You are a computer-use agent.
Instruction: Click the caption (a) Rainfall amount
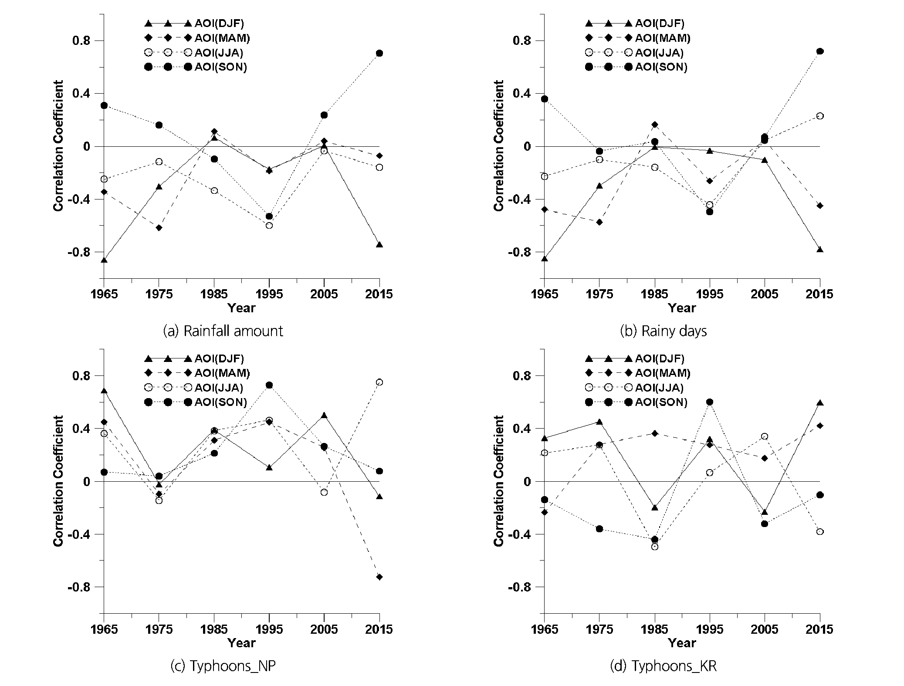click(223, 331)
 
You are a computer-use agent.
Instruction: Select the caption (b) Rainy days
click(663, 331)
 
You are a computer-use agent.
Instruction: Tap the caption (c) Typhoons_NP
click(223, 666)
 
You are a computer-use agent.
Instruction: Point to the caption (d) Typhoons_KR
click(663, 666)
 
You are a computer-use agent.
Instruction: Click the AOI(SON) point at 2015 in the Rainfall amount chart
click(379, 53)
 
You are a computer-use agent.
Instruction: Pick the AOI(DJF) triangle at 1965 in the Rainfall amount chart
click(104, 260)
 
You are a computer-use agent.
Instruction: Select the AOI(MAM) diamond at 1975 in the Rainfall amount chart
click(159, 228)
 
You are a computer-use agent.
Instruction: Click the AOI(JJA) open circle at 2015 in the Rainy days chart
click(820, 116)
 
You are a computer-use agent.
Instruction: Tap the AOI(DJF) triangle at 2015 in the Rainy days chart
click(820, 250)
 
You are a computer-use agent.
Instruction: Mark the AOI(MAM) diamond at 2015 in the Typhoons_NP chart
click(379, 577)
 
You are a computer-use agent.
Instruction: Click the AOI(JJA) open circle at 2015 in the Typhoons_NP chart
click(379, 382)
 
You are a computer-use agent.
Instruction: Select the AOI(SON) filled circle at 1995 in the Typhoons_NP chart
click(269, 385)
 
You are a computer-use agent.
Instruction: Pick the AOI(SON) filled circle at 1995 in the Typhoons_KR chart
click(710, 402)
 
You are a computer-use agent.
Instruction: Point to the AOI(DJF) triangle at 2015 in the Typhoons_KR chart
click(820, 403)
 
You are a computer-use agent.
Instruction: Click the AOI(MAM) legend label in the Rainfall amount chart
click(222, 38)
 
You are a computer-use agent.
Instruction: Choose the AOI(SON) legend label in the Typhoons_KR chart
click(661, 402)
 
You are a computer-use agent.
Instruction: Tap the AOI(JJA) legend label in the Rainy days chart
click(659, 53)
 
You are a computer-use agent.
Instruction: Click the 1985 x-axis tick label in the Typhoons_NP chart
click(214, 629)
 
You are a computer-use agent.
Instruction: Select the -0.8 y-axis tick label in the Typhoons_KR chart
click(517, 587)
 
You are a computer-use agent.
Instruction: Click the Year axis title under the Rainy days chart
click(682, 308)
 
